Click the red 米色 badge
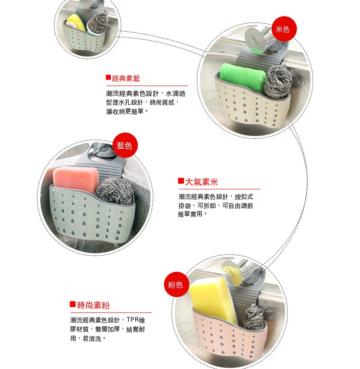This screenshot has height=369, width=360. (284, 29)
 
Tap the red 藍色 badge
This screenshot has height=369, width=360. (125, 145)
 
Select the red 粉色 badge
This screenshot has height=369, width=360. (176, 285)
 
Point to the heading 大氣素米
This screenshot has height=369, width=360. (201, 182)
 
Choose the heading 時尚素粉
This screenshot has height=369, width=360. (93, 305)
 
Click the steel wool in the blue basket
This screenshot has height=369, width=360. (115, 191)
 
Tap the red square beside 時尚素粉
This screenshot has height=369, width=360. (73, 304)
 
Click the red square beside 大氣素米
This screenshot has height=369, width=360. (181, 181)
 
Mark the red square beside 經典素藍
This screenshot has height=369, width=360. (108, 77)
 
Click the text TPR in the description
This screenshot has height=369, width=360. (132, 320)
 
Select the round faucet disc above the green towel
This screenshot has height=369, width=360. (255, 40)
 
